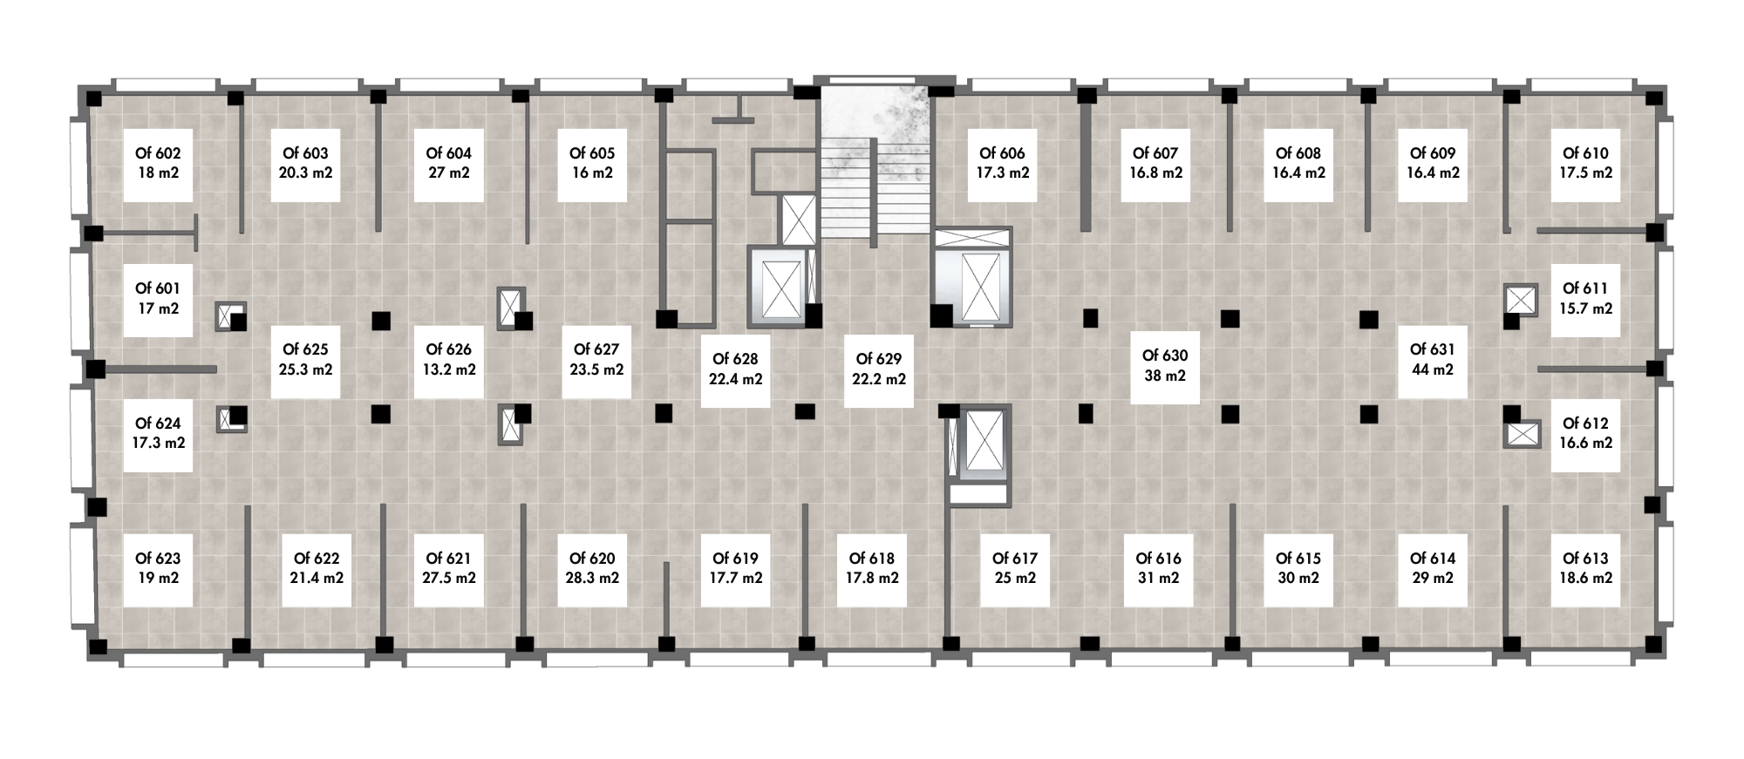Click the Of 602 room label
(158, 163)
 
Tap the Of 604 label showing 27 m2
(448, 163)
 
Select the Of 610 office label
(1585, 163)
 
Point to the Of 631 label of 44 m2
(1432, 359)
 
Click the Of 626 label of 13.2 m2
(448, 359)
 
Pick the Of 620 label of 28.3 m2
(592, 568)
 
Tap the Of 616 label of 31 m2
(1158, 568)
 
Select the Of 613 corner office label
(1585, 568)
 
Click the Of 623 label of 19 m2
(158, 568)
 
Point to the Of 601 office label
(158, 298)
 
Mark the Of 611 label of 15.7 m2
(1585, 298)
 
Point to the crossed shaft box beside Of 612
(1523, 433)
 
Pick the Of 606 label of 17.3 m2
(1003, 163)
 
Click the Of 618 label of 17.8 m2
(877, 568)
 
